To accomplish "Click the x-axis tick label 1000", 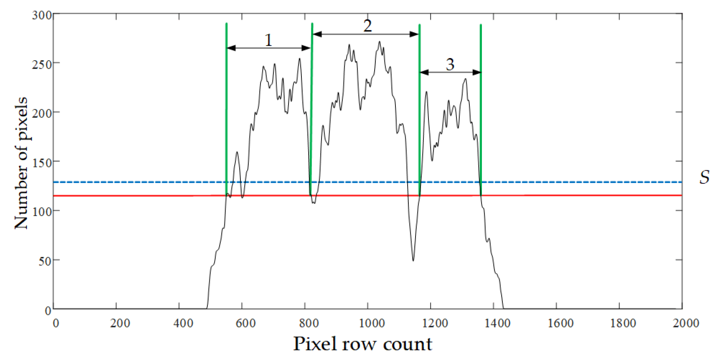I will [371, 323].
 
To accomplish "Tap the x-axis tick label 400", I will [183, 323].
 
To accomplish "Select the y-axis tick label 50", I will [45, 261].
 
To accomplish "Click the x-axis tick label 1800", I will [623, 323].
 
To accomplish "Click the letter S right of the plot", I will [704, 177].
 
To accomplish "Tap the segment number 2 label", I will [367, 26].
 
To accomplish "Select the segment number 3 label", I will [450, 64].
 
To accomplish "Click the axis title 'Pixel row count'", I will [362, 344].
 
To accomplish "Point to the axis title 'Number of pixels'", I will [21, 163].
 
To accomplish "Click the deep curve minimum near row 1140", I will [413, 260].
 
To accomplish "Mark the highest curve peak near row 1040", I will [380, 42].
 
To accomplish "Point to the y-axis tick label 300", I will [42, 15].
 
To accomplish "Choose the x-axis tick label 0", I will [56, 323].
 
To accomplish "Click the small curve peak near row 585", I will [237, 152].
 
